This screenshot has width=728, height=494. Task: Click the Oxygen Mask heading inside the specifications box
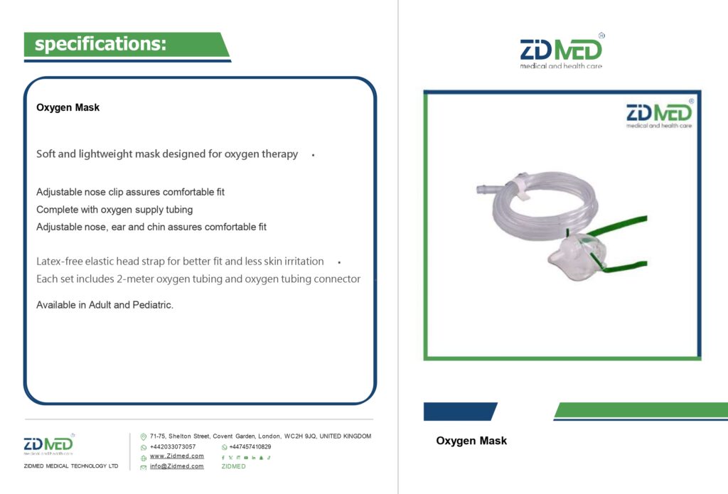point(68,108)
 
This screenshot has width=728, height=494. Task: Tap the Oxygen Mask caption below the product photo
point(471,441)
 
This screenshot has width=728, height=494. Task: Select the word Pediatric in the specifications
point(152,305)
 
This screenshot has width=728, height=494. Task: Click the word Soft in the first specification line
point(45,154)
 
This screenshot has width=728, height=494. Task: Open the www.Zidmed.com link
point(176,456)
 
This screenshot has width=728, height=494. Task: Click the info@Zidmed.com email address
point(176,466)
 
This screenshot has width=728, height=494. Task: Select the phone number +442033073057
point(173,446)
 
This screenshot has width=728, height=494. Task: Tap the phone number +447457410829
point(250,446)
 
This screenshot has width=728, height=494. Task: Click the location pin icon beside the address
point(144,437)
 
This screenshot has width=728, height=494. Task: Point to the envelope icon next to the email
point(144,468)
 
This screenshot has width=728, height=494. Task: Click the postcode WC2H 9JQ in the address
point(300,436)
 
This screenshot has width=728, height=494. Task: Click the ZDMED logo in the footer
point(49,444)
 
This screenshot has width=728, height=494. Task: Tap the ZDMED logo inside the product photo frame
point(659,114)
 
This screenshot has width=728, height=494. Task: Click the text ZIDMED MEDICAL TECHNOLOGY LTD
point(71,466)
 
